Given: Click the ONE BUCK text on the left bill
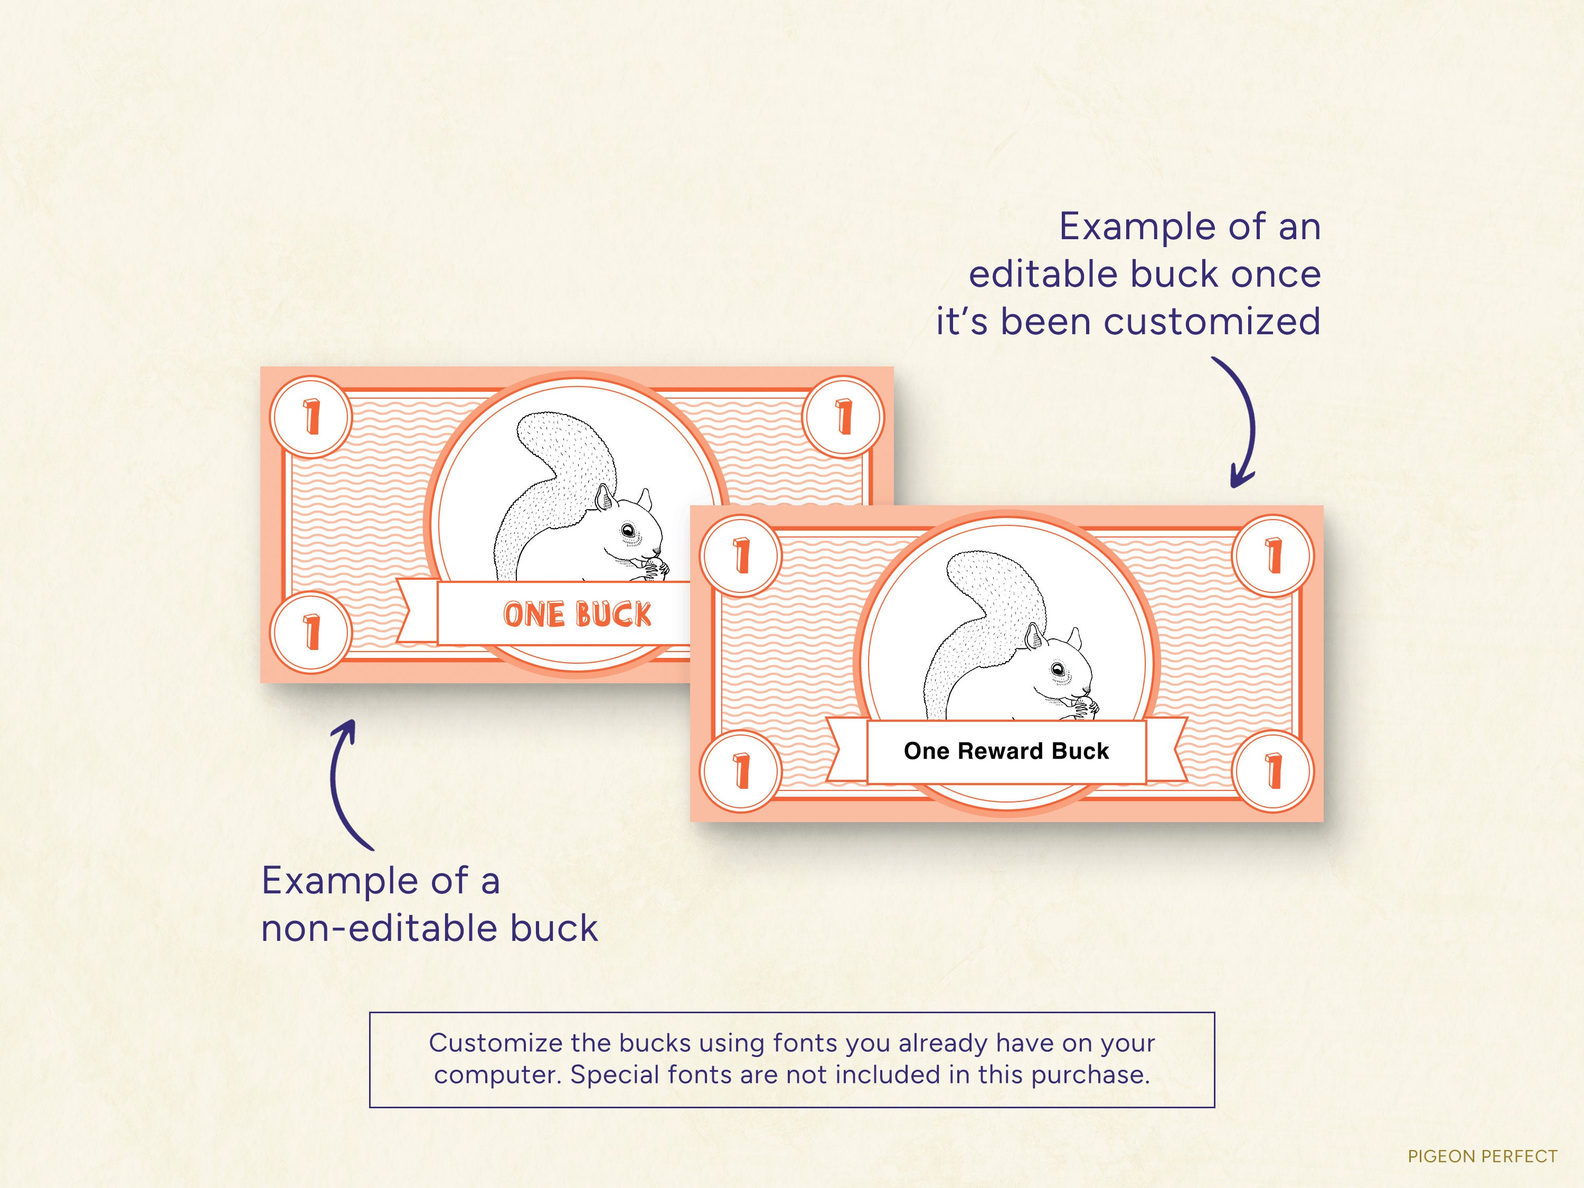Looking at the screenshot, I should pyautogui.click(x=577, y=615).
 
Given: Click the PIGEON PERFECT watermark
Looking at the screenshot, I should pyautogui.click(x=1482, y=1156).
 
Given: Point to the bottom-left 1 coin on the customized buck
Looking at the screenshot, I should pyautogui.click(x=741, y=771).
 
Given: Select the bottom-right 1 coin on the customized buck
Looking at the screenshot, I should pyautogui.click(x=1272, y=771).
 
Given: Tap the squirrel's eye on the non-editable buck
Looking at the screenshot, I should pyautogui.click(x=628, y=531).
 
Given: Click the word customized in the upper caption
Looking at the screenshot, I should pyautogui.click(x=1211, y=322).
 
